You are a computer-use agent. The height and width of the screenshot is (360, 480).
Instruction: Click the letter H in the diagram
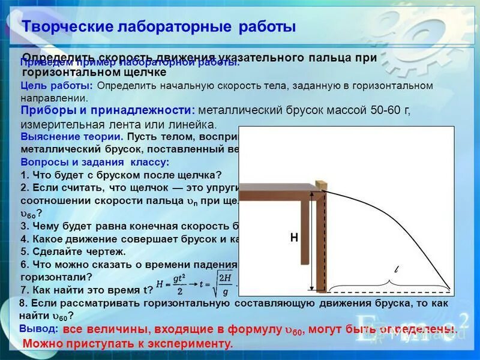294,238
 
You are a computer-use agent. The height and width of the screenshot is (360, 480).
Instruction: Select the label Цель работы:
56,86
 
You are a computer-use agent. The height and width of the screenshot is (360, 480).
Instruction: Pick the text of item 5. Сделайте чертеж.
73,251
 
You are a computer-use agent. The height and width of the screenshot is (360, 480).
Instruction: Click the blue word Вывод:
38,329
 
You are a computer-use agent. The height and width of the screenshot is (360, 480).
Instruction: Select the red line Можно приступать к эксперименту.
127,343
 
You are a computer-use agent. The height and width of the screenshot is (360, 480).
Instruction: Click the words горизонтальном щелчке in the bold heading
94,71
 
